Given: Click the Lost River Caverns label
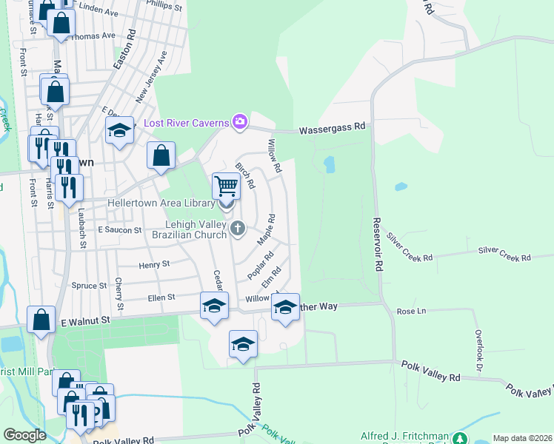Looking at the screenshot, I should [x=185, y=122].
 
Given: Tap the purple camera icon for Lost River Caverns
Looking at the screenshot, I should [x=239, y=121].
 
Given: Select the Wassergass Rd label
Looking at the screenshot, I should [x=333, y=128].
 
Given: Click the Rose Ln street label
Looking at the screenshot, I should [x=411, y=312].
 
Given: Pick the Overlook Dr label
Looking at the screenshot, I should [x=478, y=351].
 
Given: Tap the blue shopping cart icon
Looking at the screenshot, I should [x=226, y=185].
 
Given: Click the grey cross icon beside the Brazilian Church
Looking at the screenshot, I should [x=238, y=227].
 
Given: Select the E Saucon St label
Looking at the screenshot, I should [x=119, y=231].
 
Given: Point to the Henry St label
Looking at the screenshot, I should [x=154, y=263].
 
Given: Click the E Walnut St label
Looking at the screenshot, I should [x=85, y=320].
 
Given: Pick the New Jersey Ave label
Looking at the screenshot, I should [x=151, y=81].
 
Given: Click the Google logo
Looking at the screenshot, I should [x=24, y=435].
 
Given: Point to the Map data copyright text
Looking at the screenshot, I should [x=521, y=438].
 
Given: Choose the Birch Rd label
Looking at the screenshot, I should [x=244, y=175].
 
